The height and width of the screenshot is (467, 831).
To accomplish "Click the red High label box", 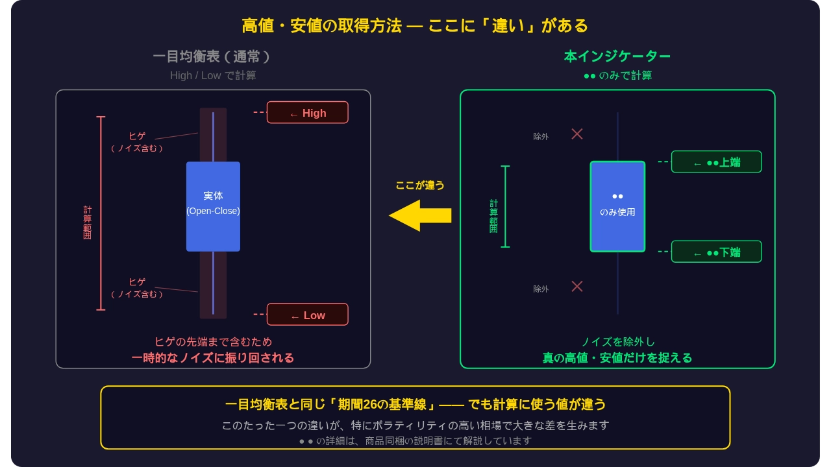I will pyautogui.click(x=307, y=112).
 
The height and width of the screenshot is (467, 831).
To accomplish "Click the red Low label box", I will pyautogui.click(x=307, y=315).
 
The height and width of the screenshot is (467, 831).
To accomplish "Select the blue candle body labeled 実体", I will pyautogui.click(x=213, y=206).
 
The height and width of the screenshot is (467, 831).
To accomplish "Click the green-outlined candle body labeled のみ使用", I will pyautogui.click(x=617, y=206).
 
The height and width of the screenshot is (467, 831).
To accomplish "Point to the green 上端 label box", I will pyautogui.click(x=716, y=162).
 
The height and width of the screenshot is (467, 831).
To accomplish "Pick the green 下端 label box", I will pyautogui.click(x=716, y=252).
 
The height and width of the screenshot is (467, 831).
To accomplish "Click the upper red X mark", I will pyautogui.click(x=577, y=134).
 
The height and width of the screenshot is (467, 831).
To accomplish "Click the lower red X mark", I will pyautogui.click(x=577, y=286).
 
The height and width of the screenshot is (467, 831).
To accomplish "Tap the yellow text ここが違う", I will pyautogui.click(x=420, y=185).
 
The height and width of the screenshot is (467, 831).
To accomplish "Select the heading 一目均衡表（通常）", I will pyautogui.click(x=212, y=56).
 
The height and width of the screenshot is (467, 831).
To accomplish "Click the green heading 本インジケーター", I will pyautogui.click(x=617, y=56).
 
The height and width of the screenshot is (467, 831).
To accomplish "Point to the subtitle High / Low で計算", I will pyautogui.click(x=213, y=75).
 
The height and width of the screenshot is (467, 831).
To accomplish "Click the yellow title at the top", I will pyautogui.click(x=415, y=25).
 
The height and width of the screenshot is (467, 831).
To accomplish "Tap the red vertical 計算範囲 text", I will pyautogui.click(x=87, y=222).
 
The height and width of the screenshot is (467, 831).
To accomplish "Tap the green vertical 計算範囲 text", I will pyautogui.click(x=493, y=216).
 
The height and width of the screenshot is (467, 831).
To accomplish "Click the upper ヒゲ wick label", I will pyautogui.click(x=137, y=136).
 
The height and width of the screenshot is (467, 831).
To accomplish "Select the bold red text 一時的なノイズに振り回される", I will pyautogui.click(x=213, y=358).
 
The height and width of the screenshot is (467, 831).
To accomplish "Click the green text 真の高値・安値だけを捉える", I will pyautogui.click(x=617, y=358).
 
